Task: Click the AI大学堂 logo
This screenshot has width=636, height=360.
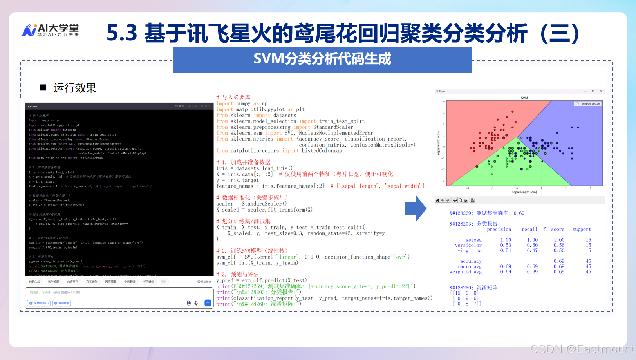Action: tap(50, 30)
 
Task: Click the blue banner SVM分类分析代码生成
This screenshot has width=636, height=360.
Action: tap(322, 59)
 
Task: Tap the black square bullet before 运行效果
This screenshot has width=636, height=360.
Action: tap(43, 87)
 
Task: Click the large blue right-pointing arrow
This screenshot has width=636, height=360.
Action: tap(415, 209)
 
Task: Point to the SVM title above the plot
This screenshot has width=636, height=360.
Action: tap(524, 98)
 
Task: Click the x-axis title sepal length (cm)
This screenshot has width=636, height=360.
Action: tap(524, 192)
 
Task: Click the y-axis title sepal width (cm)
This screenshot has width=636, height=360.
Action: tap(438, 143)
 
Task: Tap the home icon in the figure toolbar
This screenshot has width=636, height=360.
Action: tap(437, 200)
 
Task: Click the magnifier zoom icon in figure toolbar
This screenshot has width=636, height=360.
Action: tap(460, 200)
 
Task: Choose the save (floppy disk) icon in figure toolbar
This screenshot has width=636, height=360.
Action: tap(473, 200)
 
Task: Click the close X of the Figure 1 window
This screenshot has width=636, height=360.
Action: tap(601, 91)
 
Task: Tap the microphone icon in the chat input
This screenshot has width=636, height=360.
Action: tap(196, 303)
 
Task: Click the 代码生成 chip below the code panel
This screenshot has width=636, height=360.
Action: tap(34, 282)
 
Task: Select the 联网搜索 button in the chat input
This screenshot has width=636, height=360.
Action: tap(62, 303)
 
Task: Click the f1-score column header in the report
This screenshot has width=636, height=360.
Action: tap(553, 230)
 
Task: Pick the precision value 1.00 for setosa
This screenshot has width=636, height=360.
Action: tap(505, 240)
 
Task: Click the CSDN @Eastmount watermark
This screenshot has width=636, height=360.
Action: tap(582, 349)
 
